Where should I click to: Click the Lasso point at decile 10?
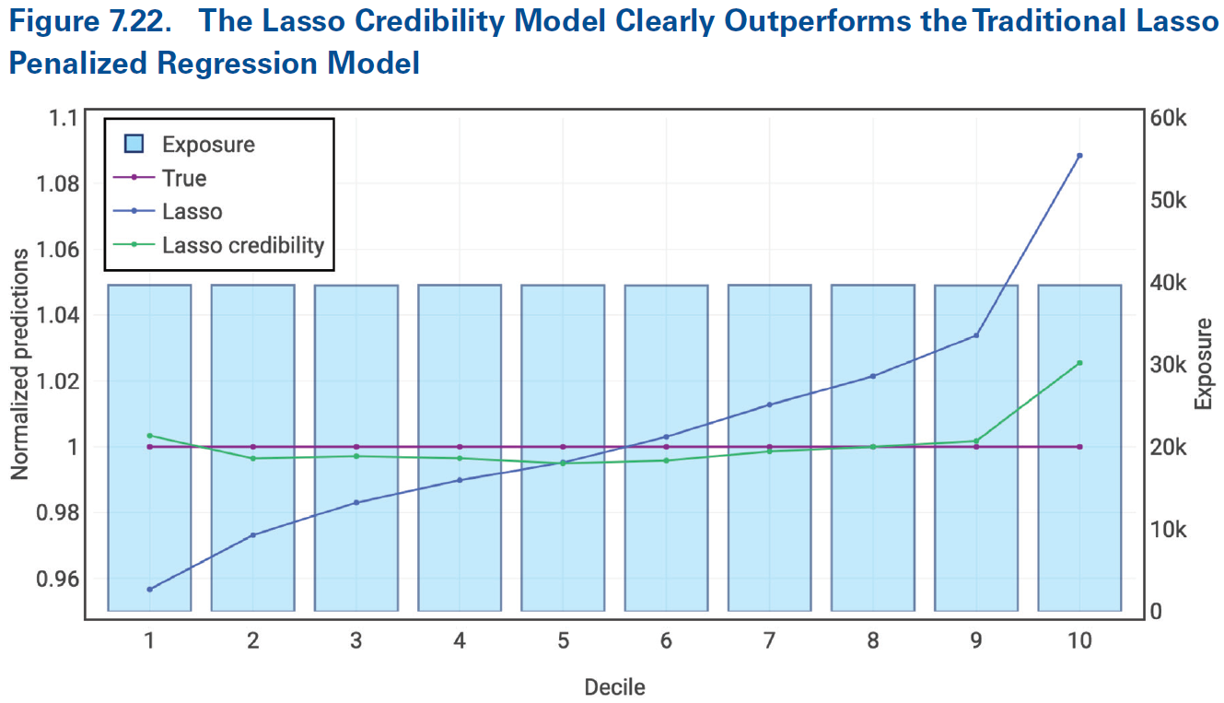tap(1079, 156)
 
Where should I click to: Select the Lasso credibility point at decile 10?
tap(1079, 363)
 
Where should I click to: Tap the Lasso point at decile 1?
tap(149, 589)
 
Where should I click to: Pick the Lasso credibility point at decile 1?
tap(149, 435)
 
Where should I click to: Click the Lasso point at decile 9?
tap(976, 335)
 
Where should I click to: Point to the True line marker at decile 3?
tap(356, 447)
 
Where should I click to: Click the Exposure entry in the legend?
tap(208, 145)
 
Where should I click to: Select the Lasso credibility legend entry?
tap(243, 245)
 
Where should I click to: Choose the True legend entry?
tap(184, 178)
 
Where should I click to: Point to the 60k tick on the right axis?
tap(1172, 118)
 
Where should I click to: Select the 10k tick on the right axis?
tap(1172, 530)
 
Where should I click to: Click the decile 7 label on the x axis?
tap(769, 640)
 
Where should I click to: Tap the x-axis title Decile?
tap(614, 686)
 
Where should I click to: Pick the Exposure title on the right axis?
tap(1203, 364)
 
